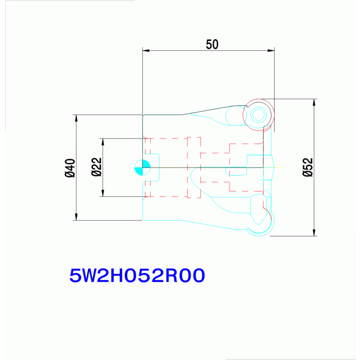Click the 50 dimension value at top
tap(212, 44)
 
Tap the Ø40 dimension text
tap(70, 168)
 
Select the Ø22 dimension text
tap(96, 167)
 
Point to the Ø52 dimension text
tap(307, 167)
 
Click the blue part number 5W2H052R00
tap(137, 276)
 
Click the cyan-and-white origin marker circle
tap(143, 168)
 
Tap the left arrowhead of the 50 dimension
tap(146, 51)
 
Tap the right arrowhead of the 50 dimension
tap(271, 51)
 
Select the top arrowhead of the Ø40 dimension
tap(76, 118)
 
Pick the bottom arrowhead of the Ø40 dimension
tap(76, 217)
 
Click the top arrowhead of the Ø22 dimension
tap(103, 142)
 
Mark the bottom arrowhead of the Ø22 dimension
tap(103, 193)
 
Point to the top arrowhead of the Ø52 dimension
tap(314, 102)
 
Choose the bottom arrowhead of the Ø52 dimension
tap(314, 232)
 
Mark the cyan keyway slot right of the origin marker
tap(159, 168)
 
